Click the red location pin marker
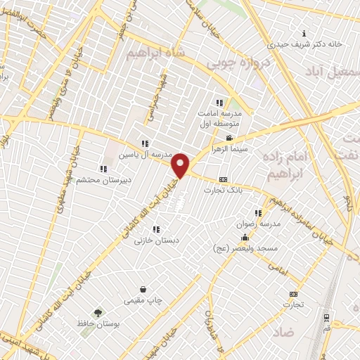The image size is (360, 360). (181, 165)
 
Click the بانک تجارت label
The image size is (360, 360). (224, 190)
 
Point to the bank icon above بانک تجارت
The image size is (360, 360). (224, 179)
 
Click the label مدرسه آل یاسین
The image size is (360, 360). (144, 154)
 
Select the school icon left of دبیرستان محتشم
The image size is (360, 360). (103, 169)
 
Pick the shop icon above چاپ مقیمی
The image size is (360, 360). (144, 290)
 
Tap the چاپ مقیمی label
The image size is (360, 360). (143, 301)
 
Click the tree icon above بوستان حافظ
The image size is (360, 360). (98, 313)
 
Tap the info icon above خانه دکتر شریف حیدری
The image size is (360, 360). (304, 33)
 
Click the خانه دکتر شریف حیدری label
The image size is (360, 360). (304, 44)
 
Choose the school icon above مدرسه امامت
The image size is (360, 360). (219, 103)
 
